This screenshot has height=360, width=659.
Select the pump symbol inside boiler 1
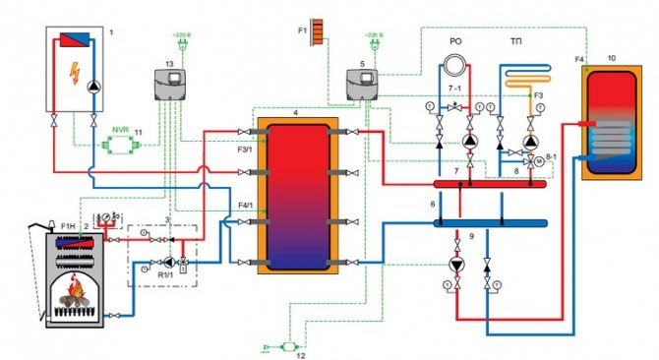(92, 85)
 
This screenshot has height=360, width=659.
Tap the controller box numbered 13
(169, 87)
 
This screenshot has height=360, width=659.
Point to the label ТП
(516, 43)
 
